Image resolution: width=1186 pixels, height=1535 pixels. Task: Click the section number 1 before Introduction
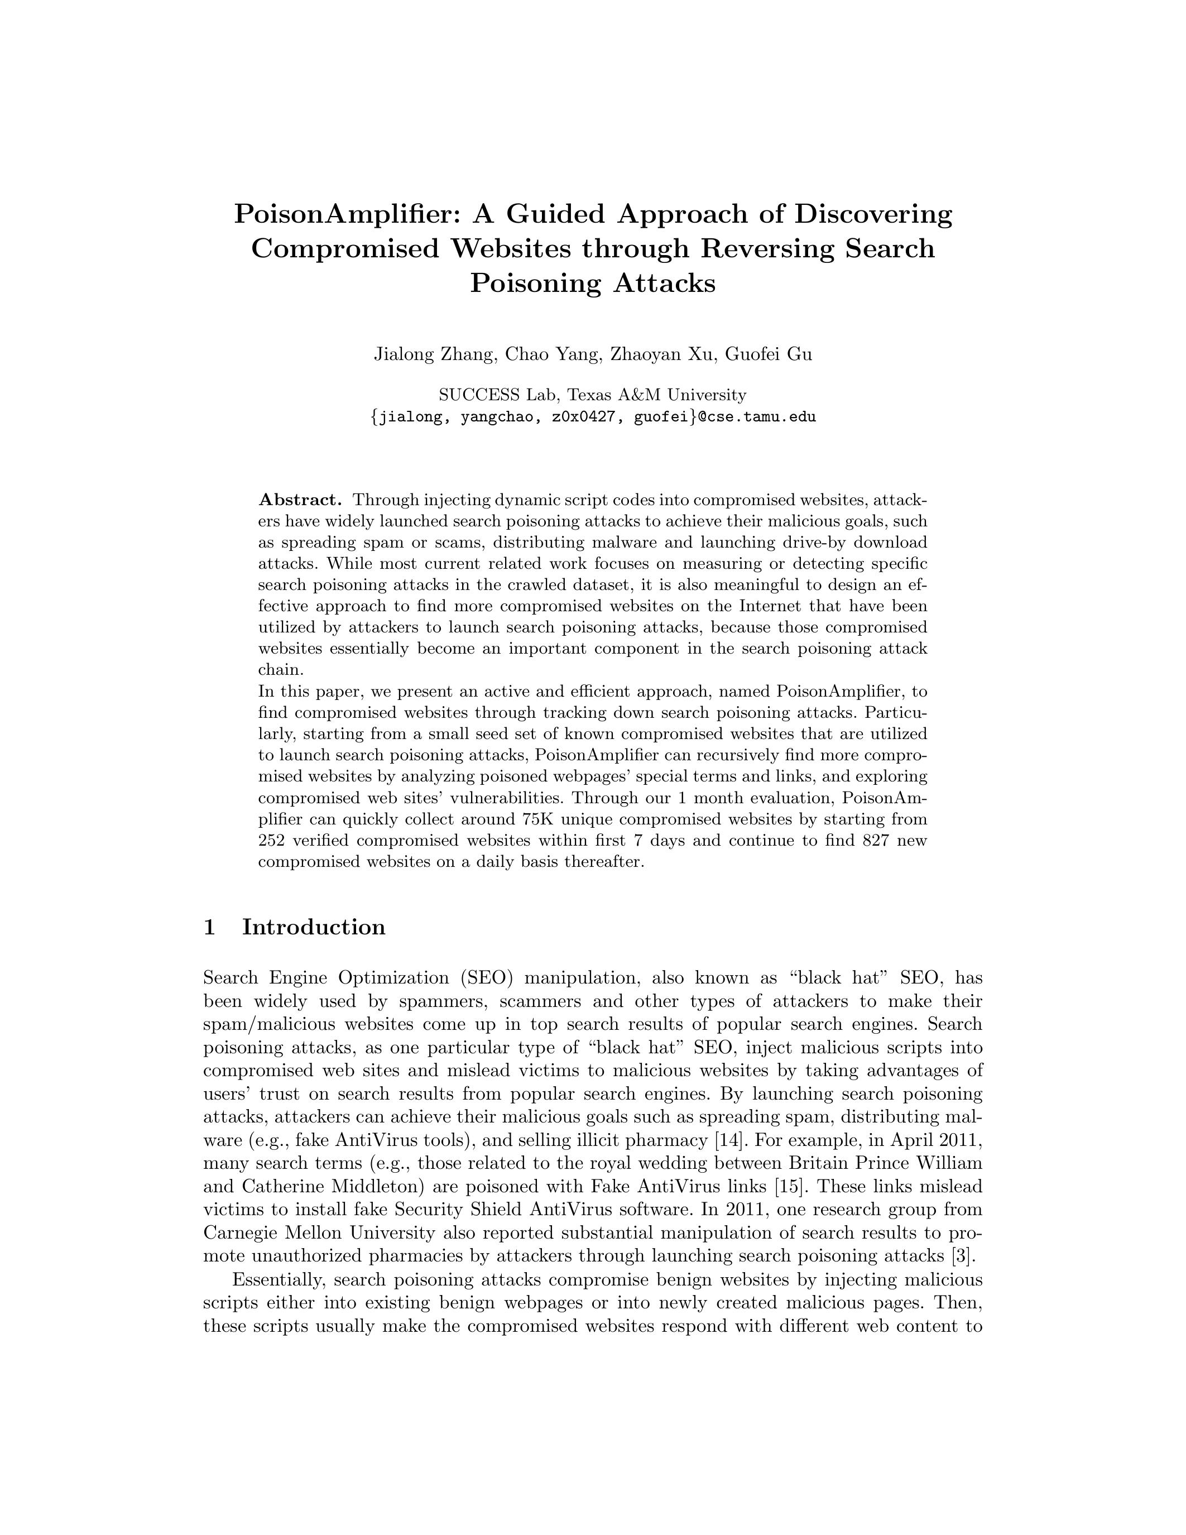(209, 928)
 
